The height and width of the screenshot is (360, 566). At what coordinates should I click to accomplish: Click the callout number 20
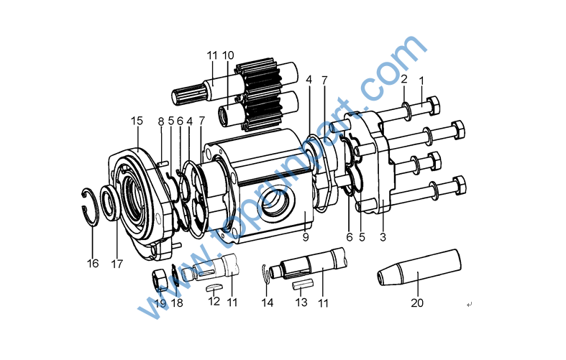(417, 303)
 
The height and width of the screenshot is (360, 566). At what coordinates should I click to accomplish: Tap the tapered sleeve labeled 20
(419, 267)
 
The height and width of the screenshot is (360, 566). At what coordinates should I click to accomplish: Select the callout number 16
(93, 263)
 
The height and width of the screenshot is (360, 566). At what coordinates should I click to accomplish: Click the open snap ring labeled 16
(89, 208)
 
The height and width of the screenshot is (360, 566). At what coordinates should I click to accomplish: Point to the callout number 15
(137, 121)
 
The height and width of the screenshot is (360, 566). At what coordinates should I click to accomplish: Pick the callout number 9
(306, 237)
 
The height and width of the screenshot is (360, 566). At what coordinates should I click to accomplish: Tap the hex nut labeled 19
(159, 280)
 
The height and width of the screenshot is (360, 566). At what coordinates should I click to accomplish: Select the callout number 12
(214, 301)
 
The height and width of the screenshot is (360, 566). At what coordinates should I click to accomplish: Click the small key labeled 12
(214, 287)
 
